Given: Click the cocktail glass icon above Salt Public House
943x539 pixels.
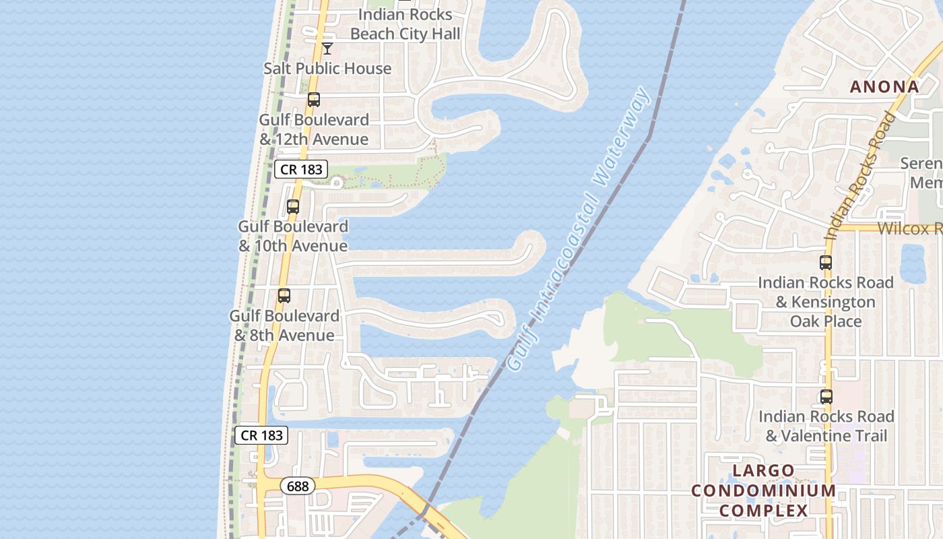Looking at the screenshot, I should pyautogui.click(x=327, y=49).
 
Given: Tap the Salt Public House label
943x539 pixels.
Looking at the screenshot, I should pyautogui.click(x=327, y=69).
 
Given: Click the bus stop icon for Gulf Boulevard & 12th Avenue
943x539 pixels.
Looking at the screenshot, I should pyautogui.click(x=314, y=100).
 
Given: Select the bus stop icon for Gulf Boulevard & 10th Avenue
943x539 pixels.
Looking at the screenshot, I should pyautogui.click(x=293, y=207).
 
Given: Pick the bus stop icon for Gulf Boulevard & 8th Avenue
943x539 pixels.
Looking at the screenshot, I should pyautogui.click(x=284, y=296).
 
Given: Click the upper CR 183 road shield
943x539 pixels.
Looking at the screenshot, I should pyautogui.click(x=301, y=169).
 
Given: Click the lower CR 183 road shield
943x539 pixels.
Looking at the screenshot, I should pyautogui.click(x=261, y=435).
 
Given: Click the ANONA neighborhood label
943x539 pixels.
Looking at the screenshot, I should pyautogui.click(x=884, y=87).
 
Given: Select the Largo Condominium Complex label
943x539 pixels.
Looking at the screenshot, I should pyautogui.click(x=764, y=490).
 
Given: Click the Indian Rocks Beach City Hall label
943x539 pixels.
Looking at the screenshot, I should pyautogui.click(x=405, y=24).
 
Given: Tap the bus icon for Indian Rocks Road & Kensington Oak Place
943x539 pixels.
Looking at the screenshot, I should pyautogui.click(x=826, y=263).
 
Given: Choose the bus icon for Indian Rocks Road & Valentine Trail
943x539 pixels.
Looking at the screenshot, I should pyautogui.click(x=826, y=397).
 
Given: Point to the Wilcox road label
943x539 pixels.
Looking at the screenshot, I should pyautogui.click(x=909, y=228).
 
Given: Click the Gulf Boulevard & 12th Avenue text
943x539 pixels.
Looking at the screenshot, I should pyautogui.click(x=315, y=129).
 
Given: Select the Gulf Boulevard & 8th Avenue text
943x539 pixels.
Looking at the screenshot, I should pyautogui.click(x=284, y=325).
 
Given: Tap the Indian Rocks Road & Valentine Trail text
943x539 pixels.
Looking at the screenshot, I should pyautogui.click(x=826, y=426).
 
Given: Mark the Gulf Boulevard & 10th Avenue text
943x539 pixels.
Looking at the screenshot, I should pyautogui.click(x=293, y=236).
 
